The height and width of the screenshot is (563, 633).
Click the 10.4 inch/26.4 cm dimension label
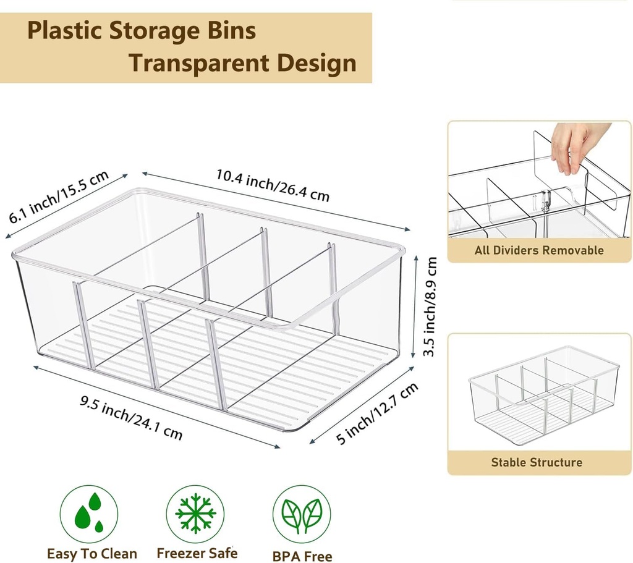[x=273, y=185]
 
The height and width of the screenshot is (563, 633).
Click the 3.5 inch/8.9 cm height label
[x=431, y=307]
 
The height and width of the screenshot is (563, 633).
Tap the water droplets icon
[x=90, y=513]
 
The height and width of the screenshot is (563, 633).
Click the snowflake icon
[x=195, y=513]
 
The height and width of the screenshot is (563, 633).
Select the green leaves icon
[x=302, y=514]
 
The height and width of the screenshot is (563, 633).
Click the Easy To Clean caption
[x=92, y=553]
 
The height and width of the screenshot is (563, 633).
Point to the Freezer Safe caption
[x=197, y=552]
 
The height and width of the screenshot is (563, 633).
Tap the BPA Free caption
[x=302, y=556]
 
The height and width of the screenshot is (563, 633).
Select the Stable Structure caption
[x=537, y=462]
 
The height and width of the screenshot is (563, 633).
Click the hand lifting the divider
[x=574, y=145]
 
